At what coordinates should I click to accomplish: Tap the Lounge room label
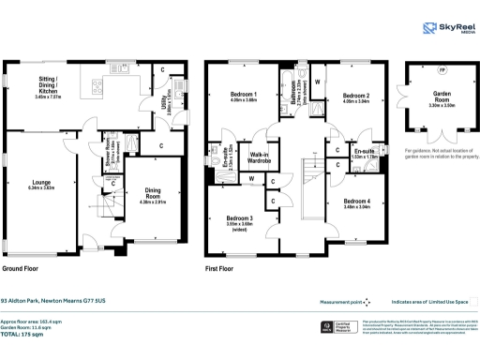[x=43, y=186]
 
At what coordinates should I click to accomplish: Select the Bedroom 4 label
[x=356, y=203]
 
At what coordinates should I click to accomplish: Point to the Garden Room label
[x=442, y=97]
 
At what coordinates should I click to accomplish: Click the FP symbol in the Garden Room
[x=442, y=71]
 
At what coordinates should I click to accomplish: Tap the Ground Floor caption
[x=25, y=268]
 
